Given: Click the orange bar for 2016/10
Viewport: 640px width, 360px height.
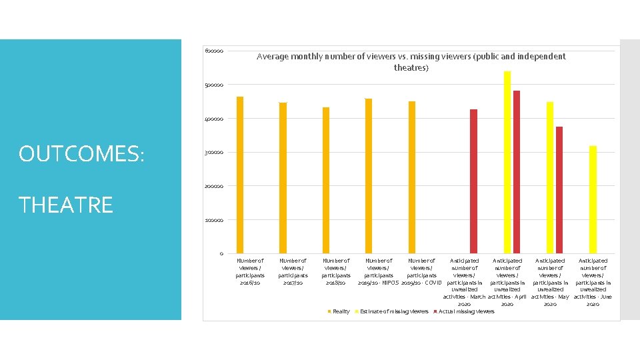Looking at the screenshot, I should [x=240, y=175].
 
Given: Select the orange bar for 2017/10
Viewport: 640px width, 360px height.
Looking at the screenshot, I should [x=283, y=177].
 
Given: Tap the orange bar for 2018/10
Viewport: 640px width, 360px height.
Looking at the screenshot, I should [x=326, y=180].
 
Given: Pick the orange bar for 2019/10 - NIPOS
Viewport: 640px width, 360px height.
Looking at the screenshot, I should [x=369, y=175].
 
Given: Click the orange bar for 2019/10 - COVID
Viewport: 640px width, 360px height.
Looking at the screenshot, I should [x=412, y=177].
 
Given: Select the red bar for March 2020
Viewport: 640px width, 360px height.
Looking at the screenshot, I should [x=473, y=181].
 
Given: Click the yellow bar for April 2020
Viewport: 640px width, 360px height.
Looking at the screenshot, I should [x=507, y=162].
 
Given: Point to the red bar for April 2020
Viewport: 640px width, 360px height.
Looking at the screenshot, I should [x=517, y=171].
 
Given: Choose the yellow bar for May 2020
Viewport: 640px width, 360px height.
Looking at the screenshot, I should [x=550, y=177].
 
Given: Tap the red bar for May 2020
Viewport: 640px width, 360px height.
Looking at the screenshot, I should [x=559, y=189].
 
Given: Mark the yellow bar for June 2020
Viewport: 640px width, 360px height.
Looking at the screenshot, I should [x=593, y=199].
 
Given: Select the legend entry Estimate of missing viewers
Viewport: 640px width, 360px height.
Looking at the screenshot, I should [x=393, y=311].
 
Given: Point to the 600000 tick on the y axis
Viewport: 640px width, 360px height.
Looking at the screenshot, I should [x=214, y=51].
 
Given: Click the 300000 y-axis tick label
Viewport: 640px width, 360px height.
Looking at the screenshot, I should [x=214, y=153].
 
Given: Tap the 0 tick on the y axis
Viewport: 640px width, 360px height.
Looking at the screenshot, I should [x=221, y=253].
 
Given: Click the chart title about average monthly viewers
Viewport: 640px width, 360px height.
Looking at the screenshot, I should [x=411, y=62].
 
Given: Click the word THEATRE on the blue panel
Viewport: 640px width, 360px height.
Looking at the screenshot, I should [x=66, y=205].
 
